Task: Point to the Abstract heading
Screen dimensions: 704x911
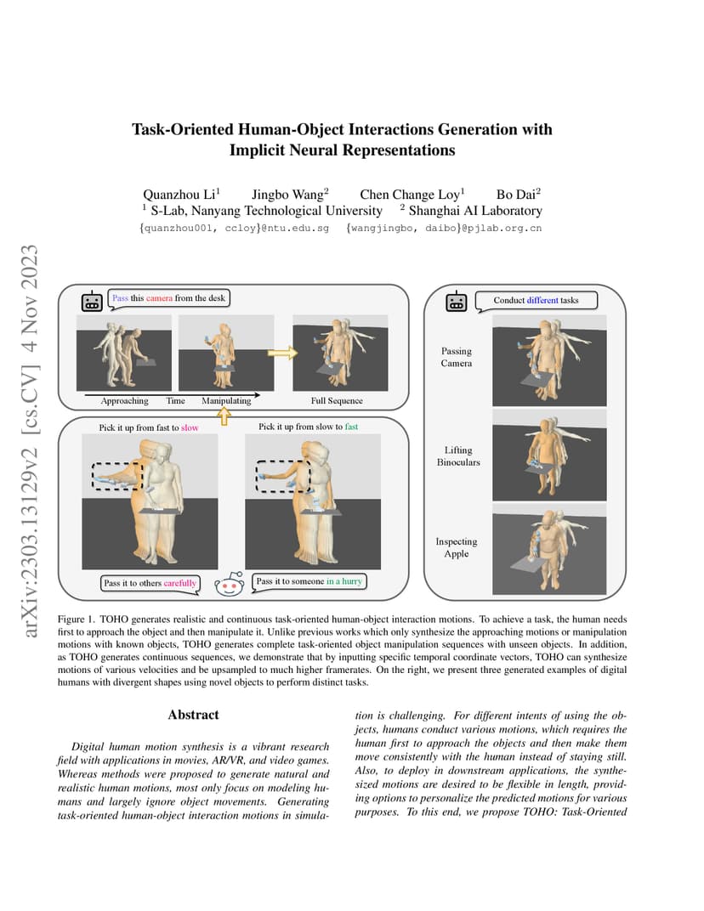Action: tap(194, 715)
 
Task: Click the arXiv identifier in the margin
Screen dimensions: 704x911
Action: tap(30, 441)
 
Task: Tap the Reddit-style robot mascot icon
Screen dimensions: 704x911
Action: tap(230, 584)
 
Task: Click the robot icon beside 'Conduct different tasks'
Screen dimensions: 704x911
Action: tap(457, 302)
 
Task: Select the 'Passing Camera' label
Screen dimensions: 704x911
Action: tap(457, 357)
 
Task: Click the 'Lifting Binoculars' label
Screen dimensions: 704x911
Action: tap(458, 456)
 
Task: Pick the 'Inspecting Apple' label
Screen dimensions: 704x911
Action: tap(457, 547)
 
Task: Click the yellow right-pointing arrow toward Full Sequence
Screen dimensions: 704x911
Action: tap(282, 352)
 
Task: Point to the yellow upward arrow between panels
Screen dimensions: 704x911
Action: tap(224, 416)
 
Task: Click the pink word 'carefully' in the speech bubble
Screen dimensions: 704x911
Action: tap(180, 583)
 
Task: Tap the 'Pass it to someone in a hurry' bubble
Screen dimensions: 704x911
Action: tap(309, 581)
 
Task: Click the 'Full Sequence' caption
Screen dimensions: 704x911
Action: tap(337, 401)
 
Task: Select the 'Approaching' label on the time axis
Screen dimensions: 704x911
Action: tap(124, 401)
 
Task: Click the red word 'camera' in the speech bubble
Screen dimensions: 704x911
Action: tap(159, 298)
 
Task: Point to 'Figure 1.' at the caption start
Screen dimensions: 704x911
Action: tap(76, 620)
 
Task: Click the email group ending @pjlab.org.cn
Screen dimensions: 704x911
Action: tap(444, 229)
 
